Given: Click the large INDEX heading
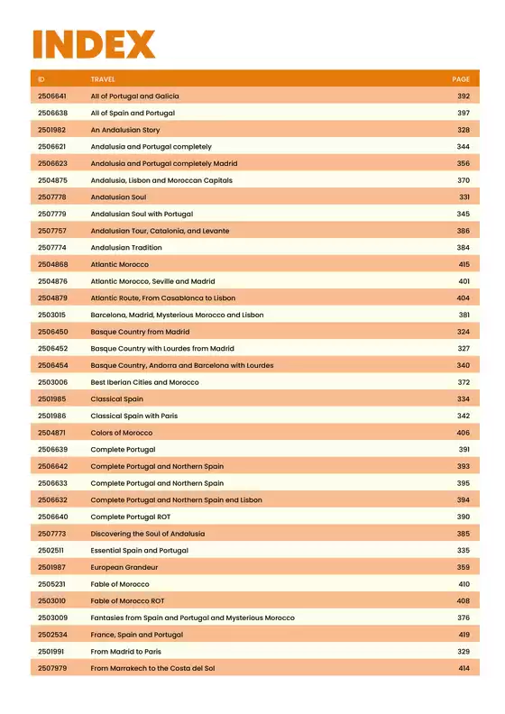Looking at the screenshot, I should tap(94, 44).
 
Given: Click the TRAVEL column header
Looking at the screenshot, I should tap(103, 79).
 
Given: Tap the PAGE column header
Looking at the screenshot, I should tap(461, 79).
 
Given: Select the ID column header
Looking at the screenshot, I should tap(41, 79).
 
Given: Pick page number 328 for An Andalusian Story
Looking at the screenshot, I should tap(464, 130).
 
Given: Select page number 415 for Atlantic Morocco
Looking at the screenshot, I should tap(464, 264).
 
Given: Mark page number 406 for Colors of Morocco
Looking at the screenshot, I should tap(464, 433).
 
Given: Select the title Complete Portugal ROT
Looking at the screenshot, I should tap(130, 517).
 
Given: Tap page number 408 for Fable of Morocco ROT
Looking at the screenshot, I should tap(464, 600).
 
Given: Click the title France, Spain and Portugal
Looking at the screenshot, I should tap(136, 635).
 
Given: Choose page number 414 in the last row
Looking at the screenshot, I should tap(464, 668).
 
